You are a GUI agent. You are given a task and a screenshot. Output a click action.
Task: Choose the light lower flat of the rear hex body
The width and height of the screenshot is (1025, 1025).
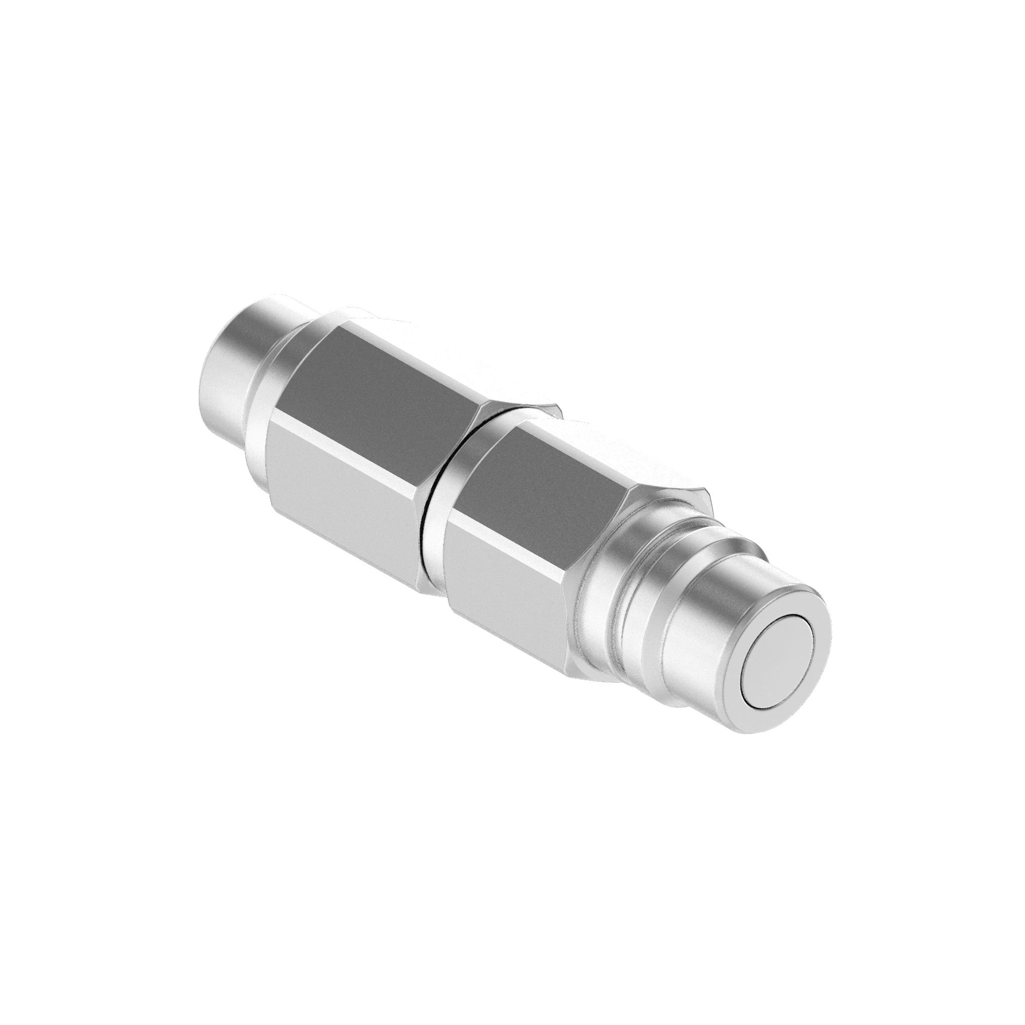(340, 488)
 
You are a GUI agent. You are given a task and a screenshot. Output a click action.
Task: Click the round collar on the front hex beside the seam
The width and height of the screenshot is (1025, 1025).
(451, 509)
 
